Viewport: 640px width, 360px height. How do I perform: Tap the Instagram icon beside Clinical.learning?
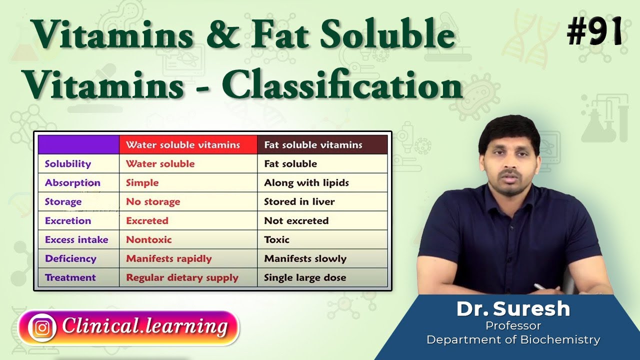pos(42,327)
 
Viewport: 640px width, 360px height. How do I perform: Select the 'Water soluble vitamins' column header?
pos(183,145)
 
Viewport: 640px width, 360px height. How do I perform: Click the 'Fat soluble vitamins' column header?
pos(313,145)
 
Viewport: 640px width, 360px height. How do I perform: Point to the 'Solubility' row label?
pos(68,164)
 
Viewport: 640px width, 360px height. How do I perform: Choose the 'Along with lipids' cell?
pos(306,183)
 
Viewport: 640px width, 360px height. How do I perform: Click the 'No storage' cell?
pos(153,202)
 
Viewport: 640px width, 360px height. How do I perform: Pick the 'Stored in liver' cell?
pos(299,202)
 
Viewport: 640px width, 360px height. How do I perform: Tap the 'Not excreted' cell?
pos(296,221)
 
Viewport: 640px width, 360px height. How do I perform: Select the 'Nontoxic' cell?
pos(148,240)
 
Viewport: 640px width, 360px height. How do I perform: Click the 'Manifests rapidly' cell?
pos(168,259)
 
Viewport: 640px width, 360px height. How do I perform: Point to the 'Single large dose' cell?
pos(304,278)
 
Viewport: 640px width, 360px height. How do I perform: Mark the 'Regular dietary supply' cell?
pos(182,278)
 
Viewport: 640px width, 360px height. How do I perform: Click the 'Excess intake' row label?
pos(76,240)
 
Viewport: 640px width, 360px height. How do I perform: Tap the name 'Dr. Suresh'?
pos(513,309)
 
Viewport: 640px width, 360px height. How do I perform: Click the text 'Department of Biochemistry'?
pos(513,340)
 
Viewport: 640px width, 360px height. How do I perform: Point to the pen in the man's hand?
pos(541,287)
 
